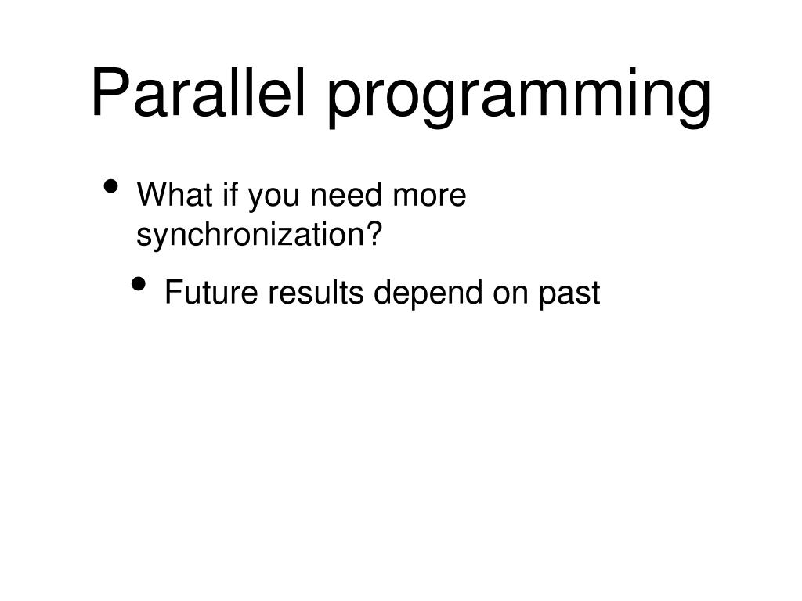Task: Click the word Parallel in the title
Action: tap(198, 92)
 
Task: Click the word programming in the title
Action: tap(519, 98)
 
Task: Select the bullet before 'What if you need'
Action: tap(110, 186)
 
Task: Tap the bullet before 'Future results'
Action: tap(138, 283)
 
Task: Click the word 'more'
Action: tap(429, 197)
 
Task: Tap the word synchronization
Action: tap(250, 236)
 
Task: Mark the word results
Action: tap(316, 293)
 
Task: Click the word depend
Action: tap(428, 295)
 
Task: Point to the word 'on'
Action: tap(511, 295)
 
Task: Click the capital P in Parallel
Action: tap(110, 92)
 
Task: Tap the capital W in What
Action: tap(154, 194)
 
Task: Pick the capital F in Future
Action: tap(174, 293)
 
